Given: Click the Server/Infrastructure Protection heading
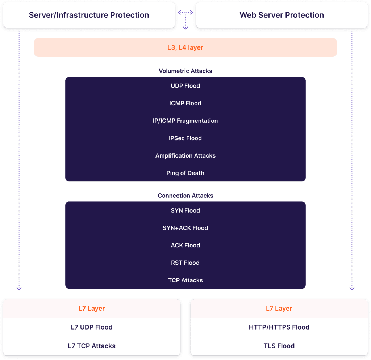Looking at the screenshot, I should tap(89, 15).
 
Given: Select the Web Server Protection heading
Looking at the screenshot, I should tap(282, 15).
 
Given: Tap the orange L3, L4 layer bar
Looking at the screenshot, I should tap(185, 47).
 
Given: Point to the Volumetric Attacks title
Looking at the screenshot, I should tap(185, 71).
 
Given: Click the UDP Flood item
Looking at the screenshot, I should tap(185, 86).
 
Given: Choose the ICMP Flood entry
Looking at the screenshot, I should tap(185, 103).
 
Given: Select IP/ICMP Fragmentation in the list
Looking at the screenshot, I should tap(185, 121).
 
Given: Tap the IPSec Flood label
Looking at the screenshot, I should tap(185, 138).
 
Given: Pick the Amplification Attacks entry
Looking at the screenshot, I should tap(185, 155).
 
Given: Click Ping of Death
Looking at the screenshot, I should tap(185, 173).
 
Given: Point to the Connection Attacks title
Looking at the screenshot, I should tap(185, 196).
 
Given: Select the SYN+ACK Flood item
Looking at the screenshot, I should tap(185, 228).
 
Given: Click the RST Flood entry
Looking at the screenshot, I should tap(185, 263).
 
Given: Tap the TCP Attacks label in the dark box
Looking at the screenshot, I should tap(185, 280).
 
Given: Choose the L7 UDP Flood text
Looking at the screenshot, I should tap(92, 327).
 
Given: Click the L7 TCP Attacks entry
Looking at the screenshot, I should tap(92, 346).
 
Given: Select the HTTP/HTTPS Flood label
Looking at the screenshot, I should tap(279, 327).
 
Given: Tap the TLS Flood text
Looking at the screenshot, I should tap(279, 346).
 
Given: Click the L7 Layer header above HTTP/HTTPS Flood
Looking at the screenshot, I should tap(279, 309).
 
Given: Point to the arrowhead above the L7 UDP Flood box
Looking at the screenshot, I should tap(19, 289).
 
